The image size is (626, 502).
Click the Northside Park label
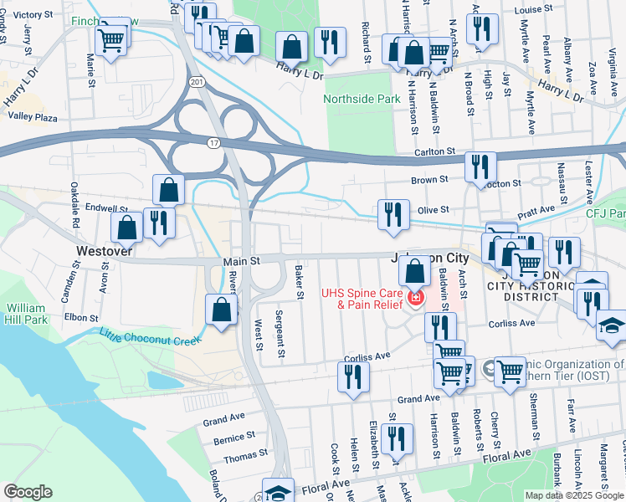coord(362,99)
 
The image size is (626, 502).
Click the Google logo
coord(28,492)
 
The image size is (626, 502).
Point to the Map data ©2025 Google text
coord(573,495)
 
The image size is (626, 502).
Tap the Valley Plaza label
coord(33,118)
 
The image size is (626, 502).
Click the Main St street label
coord(243,262)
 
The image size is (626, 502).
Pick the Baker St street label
coord(299,282)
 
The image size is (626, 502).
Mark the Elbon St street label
coord(81,318)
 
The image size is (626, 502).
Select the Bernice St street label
coord(234,437)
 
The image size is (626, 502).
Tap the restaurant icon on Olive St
coord(393,214)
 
